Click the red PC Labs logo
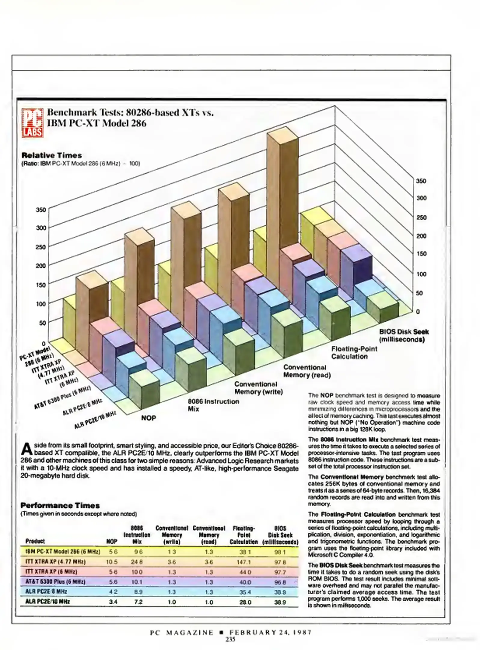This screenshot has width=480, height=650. pos(32,123)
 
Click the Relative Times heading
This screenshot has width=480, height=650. pos(51,156)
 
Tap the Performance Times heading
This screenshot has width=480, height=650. pos(60,505)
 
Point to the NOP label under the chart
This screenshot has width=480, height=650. pos(148,418)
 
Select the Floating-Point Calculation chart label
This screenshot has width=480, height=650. pos(354,353)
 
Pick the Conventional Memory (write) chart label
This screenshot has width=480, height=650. pos(258,388)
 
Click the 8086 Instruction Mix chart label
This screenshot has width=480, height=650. pos(213,405)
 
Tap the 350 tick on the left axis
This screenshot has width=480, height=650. pos(41,210)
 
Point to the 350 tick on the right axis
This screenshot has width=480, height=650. pos(421,181)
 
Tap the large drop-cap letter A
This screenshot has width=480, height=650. pos(27,450)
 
